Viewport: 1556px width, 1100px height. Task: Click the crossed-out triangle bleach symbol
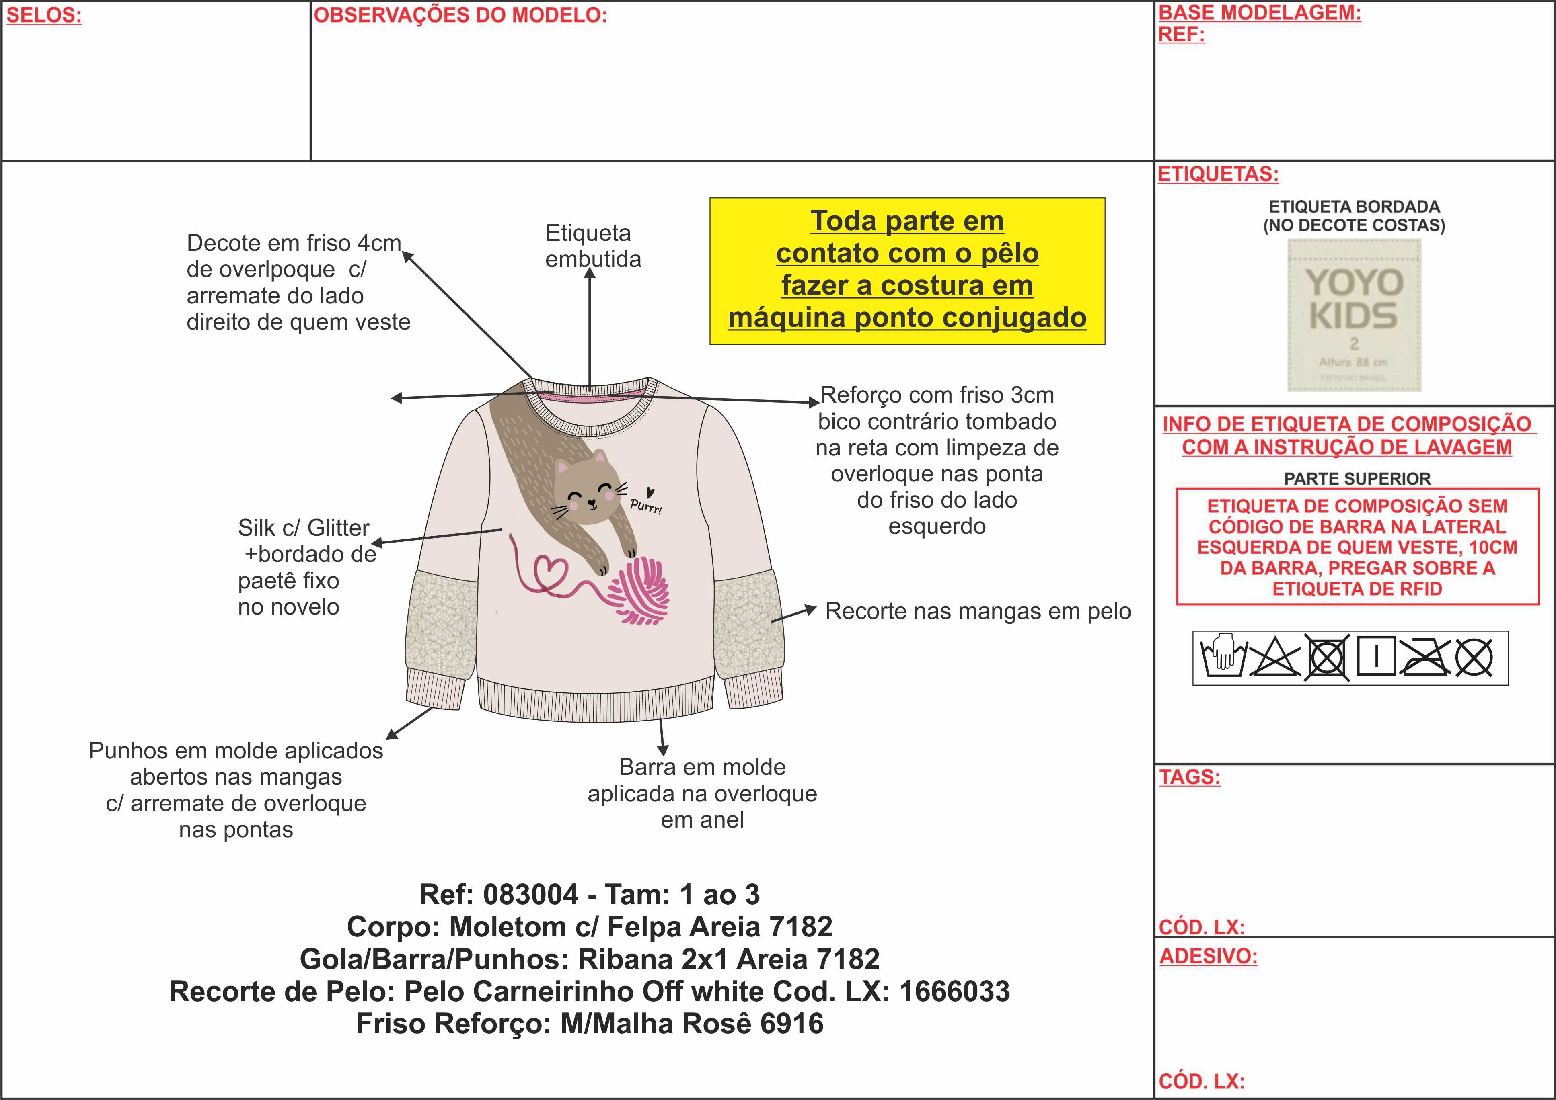[1274, 657]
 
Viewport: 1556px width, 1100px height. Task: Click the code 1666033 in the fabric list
[954, 991]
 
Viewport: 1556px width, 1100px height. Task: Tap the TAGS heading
[1189, 777]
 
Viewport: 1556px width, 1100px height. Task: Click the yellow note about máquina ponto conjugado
[907, 271]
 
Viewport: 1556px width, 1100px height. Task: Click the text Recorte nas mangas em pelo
[977, 611]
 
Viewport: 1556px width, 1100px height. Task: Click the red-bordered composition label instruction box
[1357, 547]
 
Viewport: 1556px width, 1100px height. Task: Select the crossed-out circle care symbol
[1473, 657]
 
